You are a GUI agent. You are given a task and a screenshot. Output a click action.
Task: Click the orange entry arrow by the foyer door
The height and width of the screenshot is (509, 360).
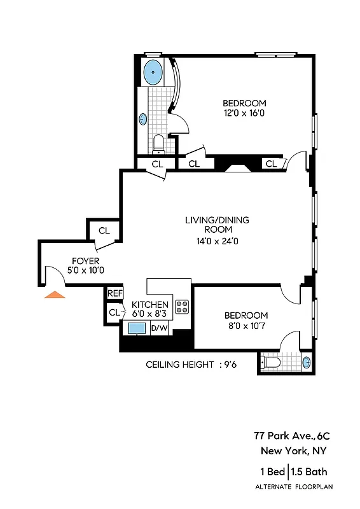(55, 294)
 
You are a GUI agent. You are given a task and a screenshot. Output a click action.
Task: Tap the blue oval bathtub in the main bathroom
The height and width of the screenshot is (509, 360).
(153, 73)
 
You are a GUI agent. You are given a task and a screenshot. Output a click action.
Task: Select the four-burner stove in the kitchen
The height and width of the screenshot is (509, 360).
(182, 307)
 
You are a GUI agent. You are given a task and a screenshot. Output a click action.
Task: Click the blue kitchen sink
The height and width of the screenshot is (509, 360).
(137, 328)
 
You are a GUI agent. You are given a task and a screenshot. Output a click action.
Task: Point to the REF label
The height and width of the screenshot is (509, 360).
(114, 293)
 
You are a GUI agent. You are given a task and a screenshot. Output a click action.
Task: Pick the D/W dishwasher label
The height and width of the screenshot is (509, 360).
(159, 328)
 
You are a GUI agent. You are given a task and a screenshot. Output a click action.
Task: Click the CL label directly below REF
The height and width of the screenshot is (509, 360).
(114, 312)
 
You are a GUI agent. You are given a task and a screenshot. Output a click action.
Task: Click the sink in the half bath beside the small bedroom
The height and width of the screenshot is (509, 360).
(307, 363)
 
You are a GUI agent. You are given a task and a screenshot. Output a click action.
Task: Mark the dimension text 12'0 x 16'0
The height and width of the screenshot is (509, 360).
(244, 113)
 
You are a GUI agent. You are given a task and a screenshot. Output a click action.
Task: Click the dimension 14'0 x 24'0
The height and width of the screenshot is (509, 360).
(217, 241)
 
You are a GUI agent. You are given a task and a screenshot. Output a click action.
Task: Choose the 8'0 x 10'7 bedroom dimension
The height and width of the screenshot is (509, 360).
(246, 326)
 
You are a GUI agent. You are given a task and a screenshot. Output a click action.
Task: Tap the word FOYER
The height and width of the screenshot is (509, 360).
(85, 260)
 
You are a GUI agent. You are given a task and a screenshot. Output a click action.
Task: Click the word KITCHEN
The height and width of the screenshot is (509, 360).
(150, 305)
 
